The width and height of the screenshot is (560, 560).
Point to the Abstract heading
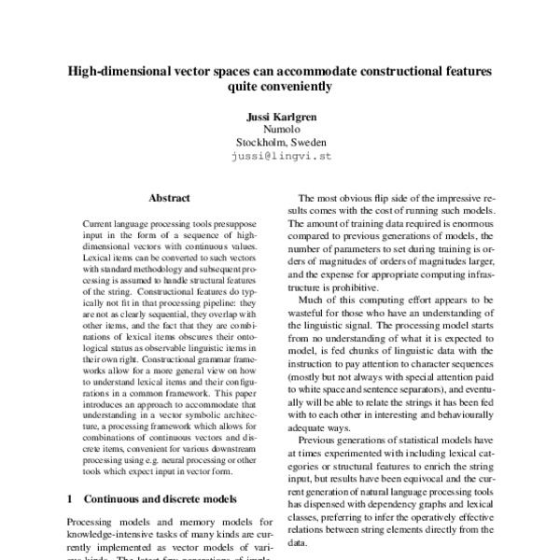[x=169, y=199]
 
